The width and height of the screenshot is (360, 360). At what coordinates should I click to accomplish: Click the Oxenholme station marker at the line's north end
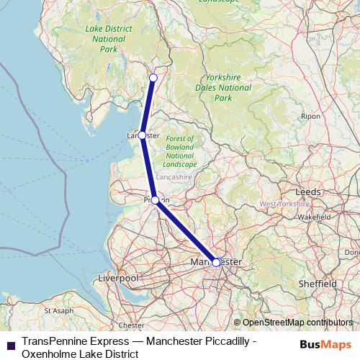[153, 78]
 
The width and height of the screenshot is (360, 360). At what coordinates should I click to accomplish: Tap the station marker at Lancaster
[142, 135]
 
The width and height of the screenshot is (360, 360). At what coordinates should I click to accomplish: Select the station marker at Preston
[155, 200]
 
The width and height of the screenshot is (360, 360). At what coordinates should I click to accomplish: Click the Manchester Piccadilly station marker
[216, 262]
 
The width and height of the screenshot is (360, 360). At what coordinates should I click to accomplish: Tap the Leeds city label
[308, 192]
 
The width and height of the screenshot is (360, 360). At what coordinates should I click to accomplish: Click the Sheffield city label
[317, 284]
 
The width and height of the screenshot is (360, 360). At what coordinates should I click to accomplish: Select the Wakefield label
[313, 216]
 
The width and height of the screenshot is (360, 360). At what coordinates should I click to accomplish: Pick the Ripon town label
[311, 115]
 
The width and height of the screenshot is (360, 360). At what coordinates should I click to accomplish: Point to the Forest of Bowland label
[179, 151]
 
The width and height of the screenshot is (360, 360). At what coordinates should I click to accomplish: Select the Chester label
[131, 325]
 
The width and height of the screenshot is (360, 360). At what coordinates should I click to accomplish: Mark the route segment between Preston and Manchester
[186, 231]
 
